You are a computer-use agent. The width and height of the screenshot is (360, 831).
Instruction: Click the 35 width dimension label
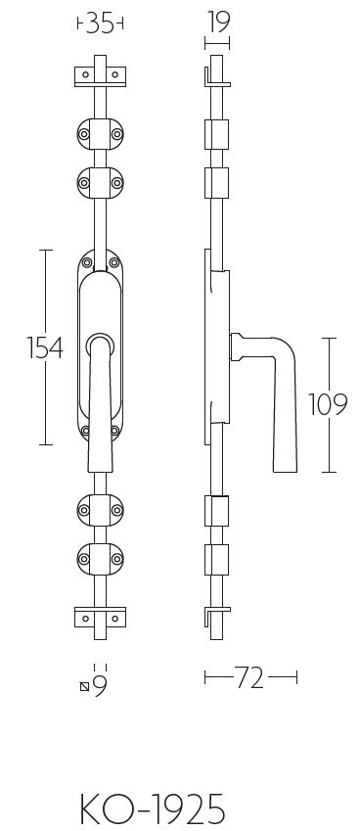click(x=101, y=24)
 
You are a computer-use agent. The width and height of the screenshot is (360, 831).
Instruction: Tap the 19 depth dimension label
click(x=217, y=23)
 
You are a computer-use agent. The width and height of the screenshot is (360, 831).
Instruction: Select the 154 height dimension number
click(x=45, y=348)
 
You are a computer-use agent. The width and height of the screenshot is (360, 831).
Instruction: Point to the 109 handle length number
click(x=328, y=405)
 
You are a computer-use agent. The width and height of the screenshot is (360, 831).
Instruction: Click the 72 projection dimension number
click(x=249, y=678)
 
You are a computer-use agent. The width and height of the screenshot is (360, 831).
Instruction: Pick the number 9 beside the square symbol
click(x=100, y=686)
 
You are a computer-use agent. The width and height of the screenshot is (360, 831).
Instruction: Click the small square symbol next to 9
click(x=84, y=687)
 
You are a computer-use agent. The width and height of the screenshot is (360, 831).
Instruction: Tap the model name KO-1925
click(x=153, y=808)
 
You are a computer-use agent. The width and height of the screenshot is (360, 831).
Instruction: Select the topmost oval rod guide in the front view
click(x=100, y=133)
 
